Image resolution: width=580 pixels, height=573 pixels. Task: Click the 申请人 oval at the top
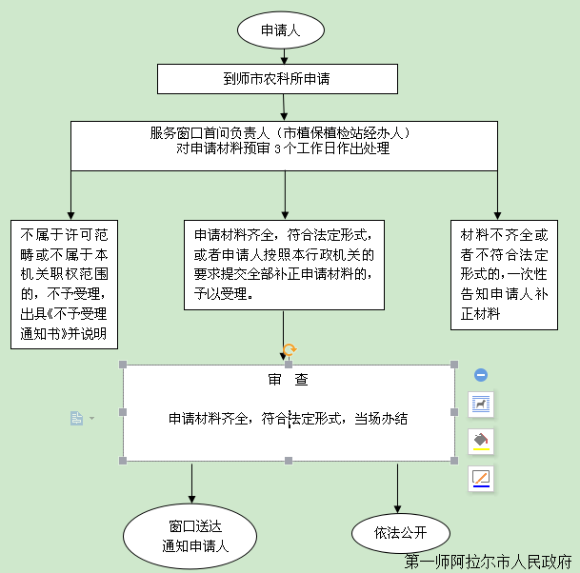pos(281,30)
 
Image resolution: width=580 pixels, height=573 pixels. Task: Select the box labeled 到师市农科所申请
pos(277,79)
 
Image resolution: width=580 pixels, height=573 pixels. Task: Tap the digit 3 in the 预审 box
pos(277,148)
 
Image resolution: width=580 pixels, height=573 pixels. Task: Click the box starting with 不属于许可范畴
pos(65,285)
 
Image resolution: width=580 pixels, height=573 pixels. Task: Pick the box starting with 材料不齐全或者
pos(504,275)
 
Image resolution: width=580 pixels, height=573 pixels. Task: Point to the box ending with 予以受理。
pos(284,265)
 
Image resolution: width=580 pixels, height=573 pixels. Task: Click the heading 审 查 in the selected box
pos(289,380)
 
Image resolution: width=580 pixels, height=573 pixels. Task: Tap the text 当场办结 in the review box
pos(381,419)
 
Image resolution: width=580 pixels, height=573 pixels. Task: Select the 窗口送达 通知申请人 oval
pos(190,536)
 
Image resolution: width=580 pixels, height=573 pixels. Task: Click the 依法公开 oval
pos(401,533)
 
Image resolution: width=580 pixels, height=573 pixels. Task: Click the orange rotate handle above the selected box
pos(290,349)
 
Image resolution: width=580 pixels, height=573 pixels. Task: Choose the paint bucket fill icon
pos(481,441)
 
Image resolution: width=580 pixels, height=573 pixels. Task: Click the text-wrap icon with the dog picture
pos(481,405)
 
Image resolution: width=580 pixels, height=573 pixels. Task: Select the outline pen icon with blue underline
pos(481,479)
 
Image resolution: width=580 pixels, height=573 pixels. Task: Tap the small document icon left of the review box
pos(76,418)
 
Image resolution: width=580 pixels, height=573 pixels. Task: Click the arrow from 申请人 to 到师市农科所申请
pos(284,56)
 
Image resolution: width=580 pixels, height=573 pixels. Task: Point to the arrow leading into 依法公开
pos(398,488)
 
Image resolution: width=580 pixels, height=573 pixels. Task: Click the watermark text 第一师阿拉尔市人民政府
pos(489,562)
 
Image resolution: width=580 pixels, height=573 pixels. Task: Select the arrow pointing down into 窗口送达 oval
pos(191,484)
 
